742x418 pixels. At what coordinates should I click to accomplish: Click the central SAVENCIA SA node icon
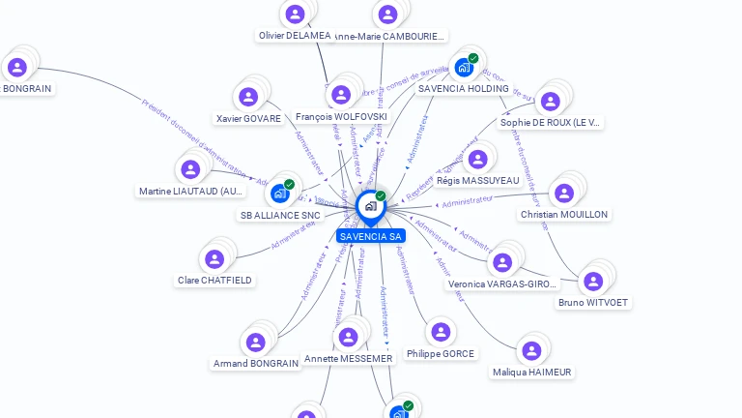coord(370,206)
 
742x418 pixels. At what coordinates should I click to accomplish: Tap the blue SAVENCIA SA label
coord(371,236)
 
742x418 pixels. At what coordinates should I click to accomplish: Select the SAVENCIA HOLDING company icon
coord(464,68)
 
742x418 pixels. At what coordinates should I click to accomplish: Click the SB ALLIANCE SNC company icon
coord(280,194)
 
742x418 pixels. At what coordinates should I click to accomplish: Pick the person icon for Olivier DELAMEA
coord(295,14)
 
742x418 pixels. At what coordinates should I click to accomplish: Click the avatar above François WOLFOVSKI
coord(340,94)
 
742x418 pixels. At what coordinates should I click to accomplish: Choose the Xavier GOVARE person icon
coord(248,97)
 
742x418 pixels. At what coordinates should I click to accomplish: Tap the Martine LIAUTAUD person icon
coord(190,169)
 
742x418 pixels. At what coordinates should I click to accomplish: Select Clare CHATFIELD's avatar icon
coord(214,258)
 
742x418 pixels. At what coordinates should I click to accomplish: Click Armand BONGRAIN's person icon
coord(255,342)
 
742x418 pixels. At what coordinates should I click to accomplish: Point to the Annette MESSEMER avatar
coord(348,336)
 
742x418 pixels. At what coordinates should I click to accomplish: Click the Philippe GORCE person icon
coord(441,332)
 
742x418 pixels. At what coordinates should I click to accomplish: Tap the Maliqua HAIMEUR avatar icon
coord(530,350)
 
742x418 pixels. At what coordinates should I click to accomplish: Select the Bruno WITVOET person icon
coord(593,281)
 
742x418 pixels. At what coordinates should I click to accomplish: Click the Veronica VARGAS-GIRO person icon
coord(502,261)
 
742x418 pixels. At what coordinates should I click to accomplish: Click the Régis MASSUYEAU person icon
coord(477,159)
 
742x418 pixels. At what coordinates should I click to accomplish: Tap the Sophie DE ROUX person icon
coord(550,101)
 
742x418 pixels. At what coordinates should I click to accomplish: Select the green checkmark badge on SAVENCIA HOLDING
coord(473,59)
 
